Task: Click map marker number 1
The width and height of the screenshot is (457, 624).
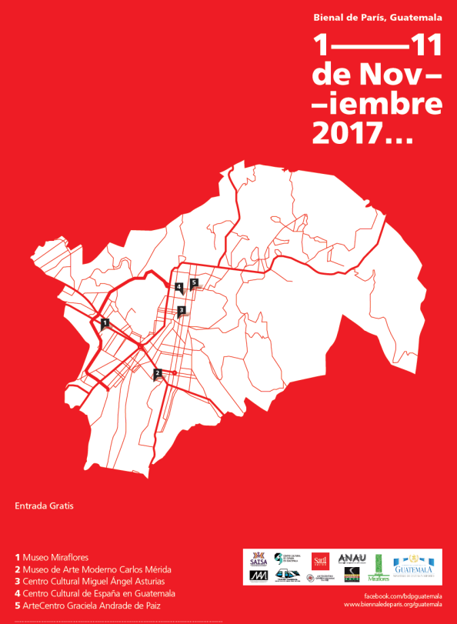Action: point(105,322)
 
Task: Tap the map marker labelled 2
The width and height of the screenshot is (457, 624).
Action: point(157,374)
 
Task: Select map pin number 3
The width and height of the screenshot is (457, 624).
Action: point(181,311)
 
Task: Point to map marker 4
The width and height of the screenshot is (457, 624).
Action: point(178,288)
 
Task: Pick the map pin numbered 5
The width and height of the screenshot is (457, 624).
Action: point(195,283)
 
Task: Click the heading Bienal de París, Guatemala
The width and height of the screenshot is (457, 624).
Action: point(377,17)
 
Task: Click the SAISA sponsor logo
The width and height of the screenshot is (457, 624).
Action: point(259,559)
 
